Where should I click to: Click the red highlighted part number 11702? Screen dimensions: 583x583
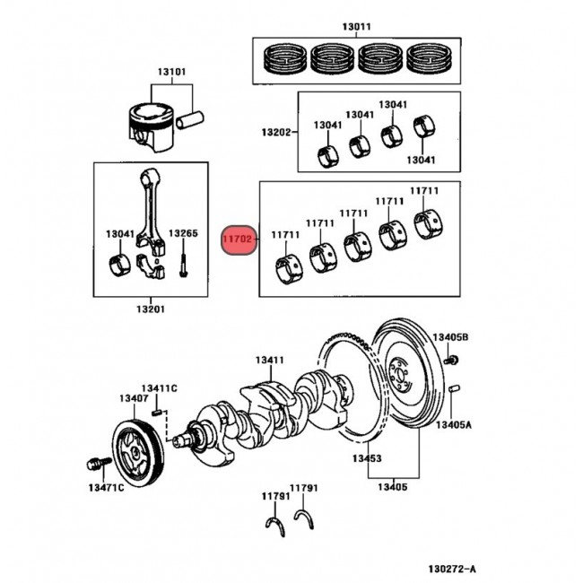239,239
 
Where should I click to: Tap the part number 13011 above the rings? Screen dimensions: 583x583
356,27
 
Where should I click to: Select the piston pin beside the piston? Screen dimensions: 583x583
190,119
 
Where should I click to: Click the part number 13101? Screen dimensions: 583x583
171,72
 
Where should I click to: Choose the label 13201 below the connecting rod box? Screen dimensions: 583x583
151,309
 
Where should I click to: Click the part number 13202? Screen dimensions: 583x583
276,132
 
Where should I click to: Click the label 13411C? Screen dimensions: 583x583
159,388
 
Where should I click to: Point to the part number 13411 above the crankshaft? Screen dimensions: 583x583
270,360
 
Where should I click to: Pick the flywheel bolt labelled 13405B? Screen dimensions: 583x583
451,360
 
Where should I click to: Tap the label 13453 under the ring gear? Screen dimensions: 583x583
367,458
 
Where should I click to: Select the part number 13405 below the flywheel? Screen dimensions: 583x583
393,487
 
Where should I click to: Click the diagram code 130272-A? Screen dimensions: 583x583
452,569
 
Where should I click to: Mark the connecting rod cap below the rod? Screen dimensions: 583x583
151,266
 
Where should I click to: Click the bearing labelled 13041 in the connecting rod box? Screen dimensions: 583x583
119,265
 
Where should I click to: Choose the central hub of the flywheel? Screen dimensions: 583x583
399,375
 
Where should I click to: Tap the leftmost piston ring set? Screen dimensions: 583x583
285,57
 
